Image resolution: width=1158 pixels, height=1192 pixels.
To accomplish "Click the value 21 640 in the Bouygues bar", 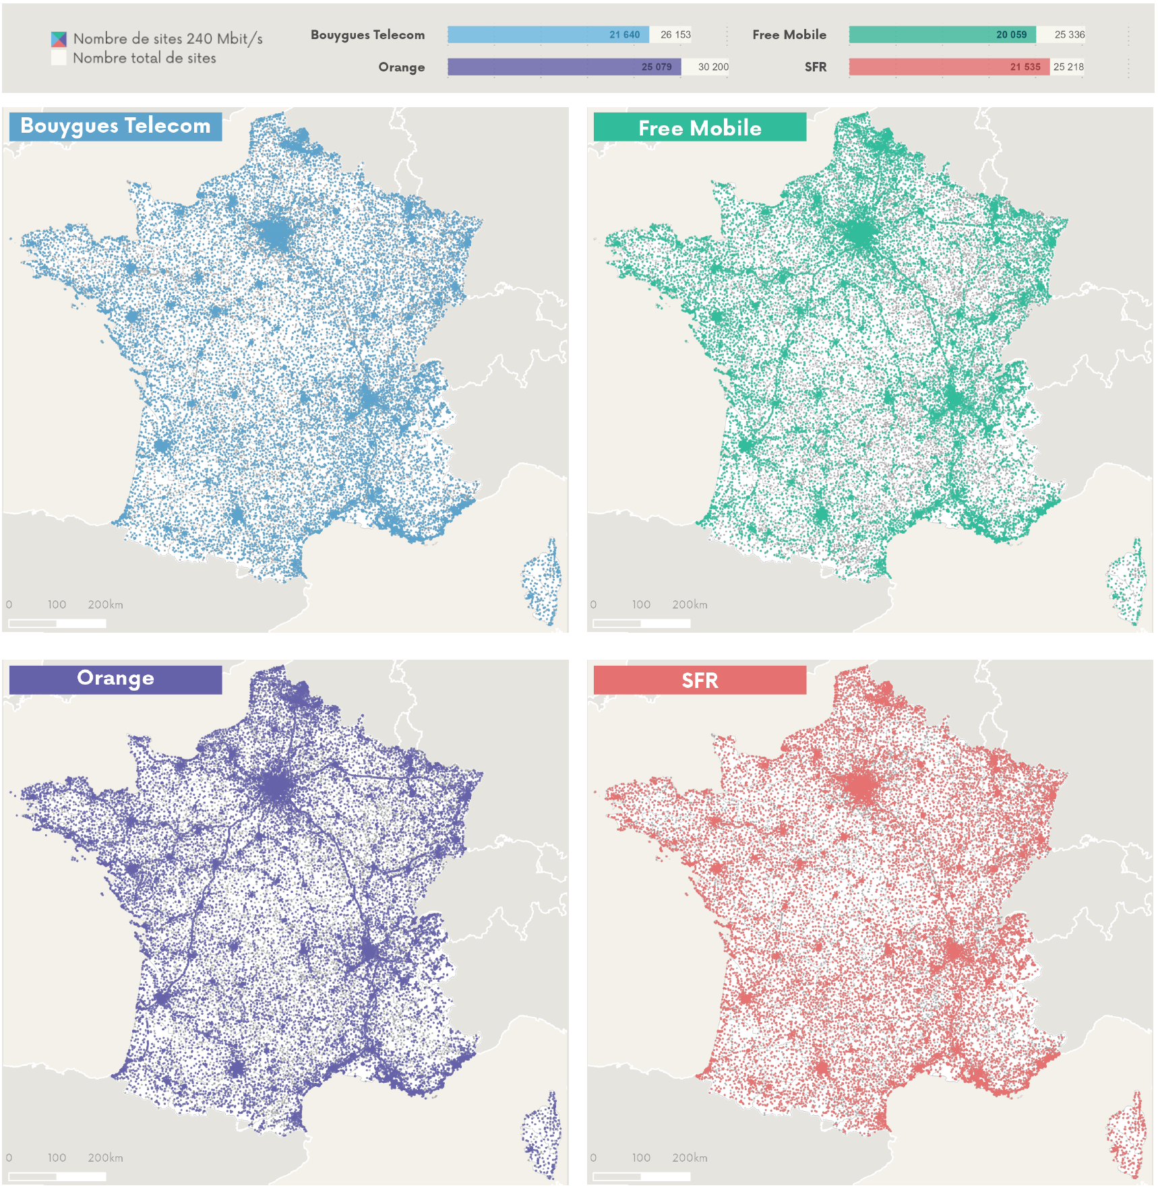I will tap(624, 35).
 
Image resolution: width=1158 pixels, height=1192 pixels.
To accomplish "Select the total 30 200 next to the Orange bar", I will tap(713, 67).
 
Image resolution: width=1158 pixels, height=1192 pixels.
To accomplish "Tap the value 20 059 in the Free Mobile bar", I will tap(1011, 35).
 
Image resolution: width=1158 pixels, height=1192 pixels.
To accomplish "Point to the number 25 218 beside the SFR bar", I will tap(1068, 67).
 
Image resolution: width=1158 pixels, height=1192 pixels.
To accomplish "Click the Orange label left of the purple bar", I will tap(401, 67).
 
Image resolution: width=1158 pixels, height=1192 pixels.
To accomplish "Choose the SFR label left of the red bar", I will tap(815, 67).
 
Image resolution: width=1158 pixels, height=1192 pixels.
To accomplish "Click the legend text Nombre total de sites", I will tap(144, 59).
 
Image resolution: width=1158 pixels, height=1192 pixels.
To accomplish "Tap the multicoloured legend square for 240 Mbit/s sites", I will tap(59, 39).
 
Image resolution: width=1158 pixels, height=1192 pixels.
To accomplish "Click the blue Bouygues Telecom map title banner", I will tap(115, 127).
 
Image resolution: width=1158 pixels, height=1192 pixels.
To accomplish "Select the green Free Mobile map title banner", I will tap(700, 127).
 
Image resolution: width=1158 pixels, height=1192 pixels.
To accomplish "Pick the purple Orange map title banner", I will tap(115, 679).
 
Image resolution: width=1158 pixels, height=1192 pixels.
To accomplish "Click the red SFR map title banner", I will tap(700, 680).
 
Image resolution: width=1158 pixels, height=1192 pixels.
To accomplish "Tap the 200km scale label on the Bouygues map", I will tap(105, 604).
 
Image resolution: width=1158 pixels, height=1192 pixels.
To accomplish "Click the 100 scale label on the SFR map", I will tap(641, 1158).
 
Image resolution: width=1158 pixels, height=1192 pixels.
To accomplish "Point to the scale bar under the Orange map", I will tap(57, 1177).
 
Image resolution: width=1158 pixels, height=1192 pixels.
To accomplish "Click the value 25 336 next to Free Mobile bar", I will tap(1069, 35).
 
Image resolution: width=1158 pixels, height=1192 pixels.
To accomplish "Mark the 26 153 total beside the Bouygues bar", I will tap(675, 35).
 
